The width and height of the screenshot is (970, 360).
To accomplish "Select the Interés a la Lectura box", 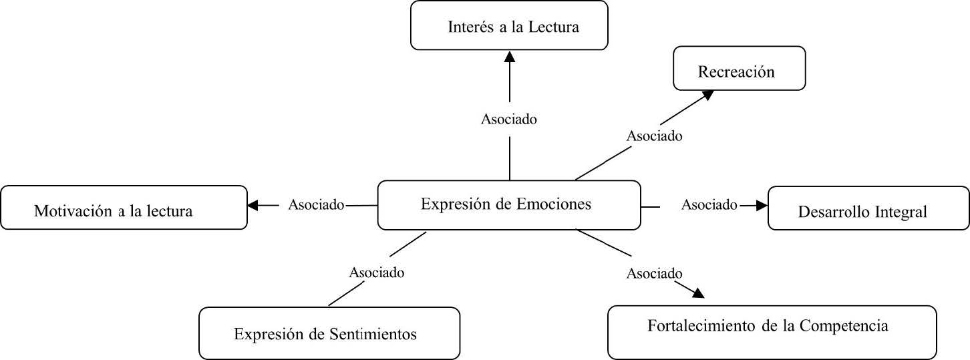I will coord(509,25).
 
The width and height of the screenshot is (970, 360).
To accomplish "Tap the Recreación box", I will coord(739,68).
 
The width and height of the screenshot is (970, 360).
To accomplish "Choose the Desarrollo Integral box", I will coord(868,208).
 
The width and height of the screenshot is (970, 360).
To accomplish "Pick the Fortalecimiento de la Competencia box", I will coord(772,332).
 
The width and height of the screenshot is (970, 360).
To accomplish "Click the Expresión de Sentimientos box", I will coord(329,333).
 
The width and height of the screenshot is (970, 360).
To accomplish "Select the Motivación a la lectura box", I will coord(124,208).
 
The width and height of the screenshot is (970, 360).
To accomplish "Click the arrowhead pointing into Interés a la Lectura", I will coord(510,56).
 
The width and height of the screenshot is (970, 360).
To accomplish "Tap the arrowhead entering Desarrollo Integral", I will coord(762,206).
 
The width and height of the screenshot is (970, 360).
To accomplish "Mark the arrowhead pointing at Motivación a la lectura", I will coord(253,206).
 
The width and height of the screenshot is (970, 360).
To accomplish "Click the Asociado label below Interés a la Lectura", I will coord(509,120).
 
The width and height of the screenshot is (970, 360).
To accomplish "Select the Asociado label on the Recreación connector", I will coord(654,136).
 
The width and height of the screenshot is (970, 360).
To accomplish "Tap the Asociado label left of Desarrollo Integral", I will coord(709,204).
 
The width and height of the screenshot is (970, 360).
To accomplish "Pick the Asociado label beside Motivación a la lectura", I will coord(316,204).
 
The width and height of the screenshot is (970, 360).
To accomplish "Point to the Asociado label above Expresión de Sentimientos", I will coord(377,273).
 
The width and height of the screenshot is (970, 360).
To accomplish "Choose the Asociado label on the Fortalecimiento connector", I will coord(654,273).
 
